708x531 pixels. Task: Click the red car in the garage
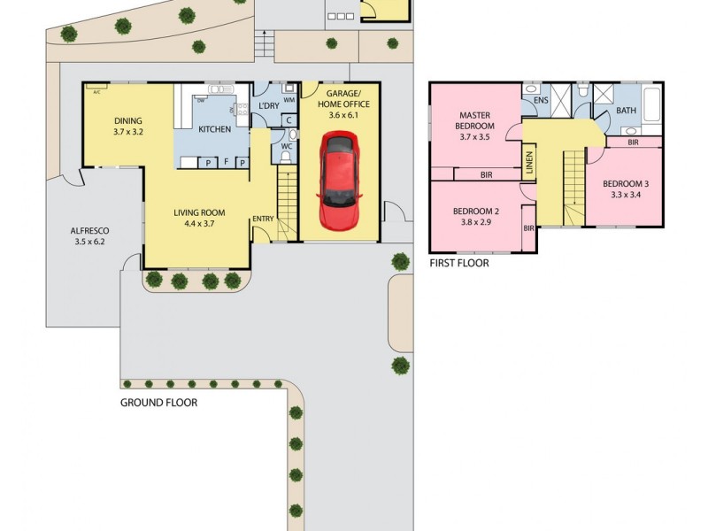point(340,181)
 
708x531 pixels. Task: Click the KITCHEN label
point(214,130)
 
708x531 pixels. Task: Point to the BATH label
point(626,111)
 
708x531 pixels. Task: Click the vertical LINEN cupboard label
point(528,163)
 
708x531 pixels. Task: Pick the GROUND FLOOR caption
point(158,402)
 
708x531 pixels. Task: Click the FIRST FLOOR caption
point(458,263)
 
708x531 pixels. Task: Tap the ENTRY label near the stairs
point(263,219)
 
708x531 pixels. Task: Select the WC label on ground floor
point(287,145)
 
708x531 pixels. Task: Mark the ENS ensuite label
point(540,101)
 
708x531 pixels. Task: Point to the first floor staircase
point(574,187)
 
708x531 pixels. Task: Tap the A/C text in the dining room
point(92,87)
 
